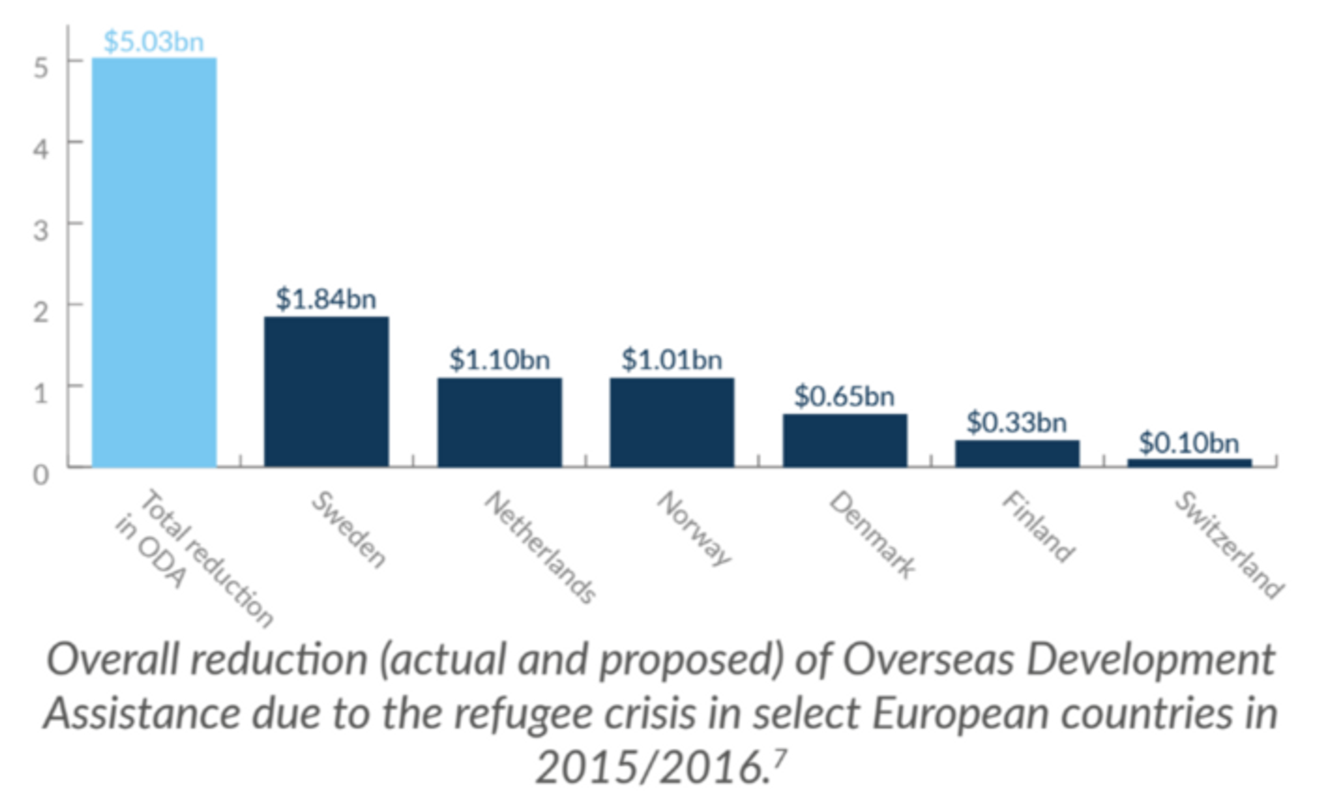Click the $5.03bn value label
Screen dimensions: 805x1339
(154, 42)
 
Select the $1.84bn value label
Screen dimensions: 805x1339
(326, 299)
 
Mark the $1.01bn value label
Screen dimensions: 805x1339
(672, 360)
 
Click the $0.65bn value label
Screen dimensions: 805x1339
(844, 396)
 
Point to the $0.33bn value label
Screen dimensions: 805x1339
(1017, 422)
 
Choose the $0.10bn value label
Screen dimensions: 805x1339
(1189, 443)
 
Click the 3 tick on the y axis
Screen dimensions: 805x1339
(41, 230)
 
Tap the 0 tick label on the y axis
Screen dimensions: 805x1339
(41, 474)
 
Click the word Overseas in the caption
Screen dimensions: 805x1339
(928, 660)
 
